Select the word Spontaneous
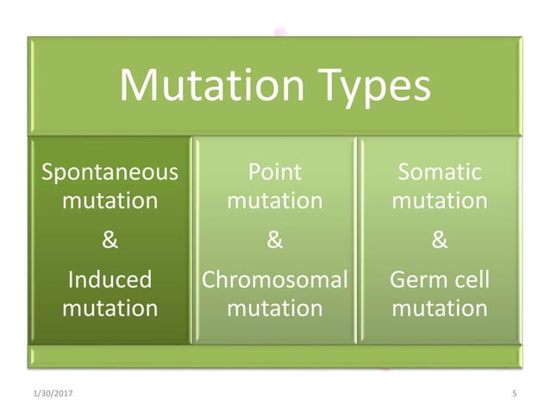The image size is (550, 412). [110, 172]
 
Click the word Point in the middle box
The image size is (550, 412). [274, 172]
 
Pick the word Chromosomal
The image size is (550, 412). [274, 279]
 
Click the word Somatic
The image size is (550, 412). [440, 172]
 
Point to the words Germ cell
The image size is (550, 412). [440, 279]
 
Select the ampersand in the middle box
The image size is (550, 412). [274, 241]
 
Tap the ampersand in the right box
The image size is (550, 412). [440, 241]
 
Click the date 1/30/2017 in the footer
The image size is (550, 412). [42, 394]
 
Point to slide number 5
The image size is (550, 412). [514, 394]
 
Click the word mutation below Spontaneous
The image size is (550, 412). [110, 201]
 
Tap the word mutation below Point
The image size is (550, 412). [274, 201]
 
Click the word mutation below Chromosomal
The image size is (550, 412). [274, 307]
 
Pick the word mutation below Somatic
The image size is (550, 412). [440, 201]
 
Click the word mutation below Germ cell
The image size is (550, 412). [440, 307]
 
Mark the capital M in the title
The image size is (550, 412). [137, 86]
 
